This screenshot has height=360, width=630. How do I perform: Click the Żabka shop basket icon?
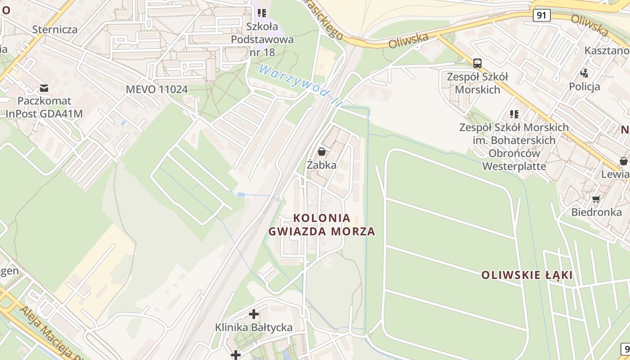[321, 152]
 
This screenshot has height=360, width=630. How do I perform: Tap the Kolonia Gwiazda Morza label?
[322, 225]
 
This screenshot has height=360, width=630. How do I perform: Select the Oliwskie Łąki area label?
[527, 275]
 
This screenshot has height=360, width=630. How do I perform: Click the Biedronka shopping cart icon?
[596, 199]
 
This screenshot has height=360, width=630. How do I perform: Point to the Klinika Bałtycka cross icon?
[254, 314]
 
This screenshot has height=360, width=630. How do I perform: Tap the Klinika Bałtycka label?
[254, 327]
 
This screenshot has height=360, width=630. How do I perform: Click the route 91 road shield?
[541, 15]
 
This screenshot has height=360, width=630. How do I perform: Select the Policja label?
[585, 86]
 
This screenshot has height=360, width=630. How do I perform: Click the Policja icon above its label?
[585, 72]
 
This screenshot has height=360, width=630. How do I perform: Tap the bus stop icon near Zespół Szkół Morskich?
[477, 63]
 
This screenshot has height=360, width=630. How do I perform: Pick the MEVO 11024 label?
[157, 89]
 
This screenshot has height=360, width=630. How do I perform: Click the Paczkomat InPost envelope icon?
[44, 88]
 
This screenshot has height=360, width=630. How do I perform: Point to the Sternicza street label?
[55, 30]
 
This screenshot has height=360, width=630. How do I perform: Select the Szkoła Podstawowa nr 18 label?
[262, 39]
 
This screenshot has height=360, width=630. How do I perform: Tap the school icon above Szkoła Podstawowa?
[262, 13]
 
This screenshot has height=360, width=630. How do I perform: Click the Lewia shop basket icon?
[623, 161]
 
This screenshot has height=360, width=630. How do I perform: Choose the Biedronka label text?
[596, 212]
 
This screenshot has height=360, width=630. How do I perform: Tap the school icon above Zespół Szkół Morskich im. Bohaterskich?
[514, 114]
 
